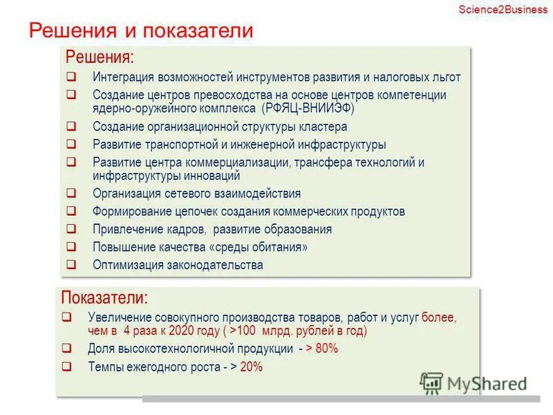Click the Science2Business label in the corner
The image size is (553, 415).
point(503,9)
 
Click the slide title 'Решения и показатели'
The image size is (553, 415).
point(140,31)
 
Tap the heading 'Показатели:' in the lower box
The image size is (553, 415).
point(104,298)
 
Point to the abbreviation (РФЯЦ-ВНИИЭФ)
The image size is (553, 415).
point(308,109)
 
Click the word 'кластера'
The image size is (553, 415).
point(324,127)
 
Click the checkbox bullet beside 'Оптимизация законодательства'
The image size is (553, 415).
point(71,265)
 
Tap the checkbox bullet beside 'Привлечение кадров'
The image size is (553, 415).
point(71,229)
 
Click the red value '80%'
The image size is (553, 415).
point(326,349)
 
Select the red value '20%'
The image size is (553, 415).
point(252,367)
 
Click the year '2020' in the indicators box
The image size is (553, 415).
point(178,331)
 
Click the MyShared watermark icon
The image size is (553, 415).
point(431,382)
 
